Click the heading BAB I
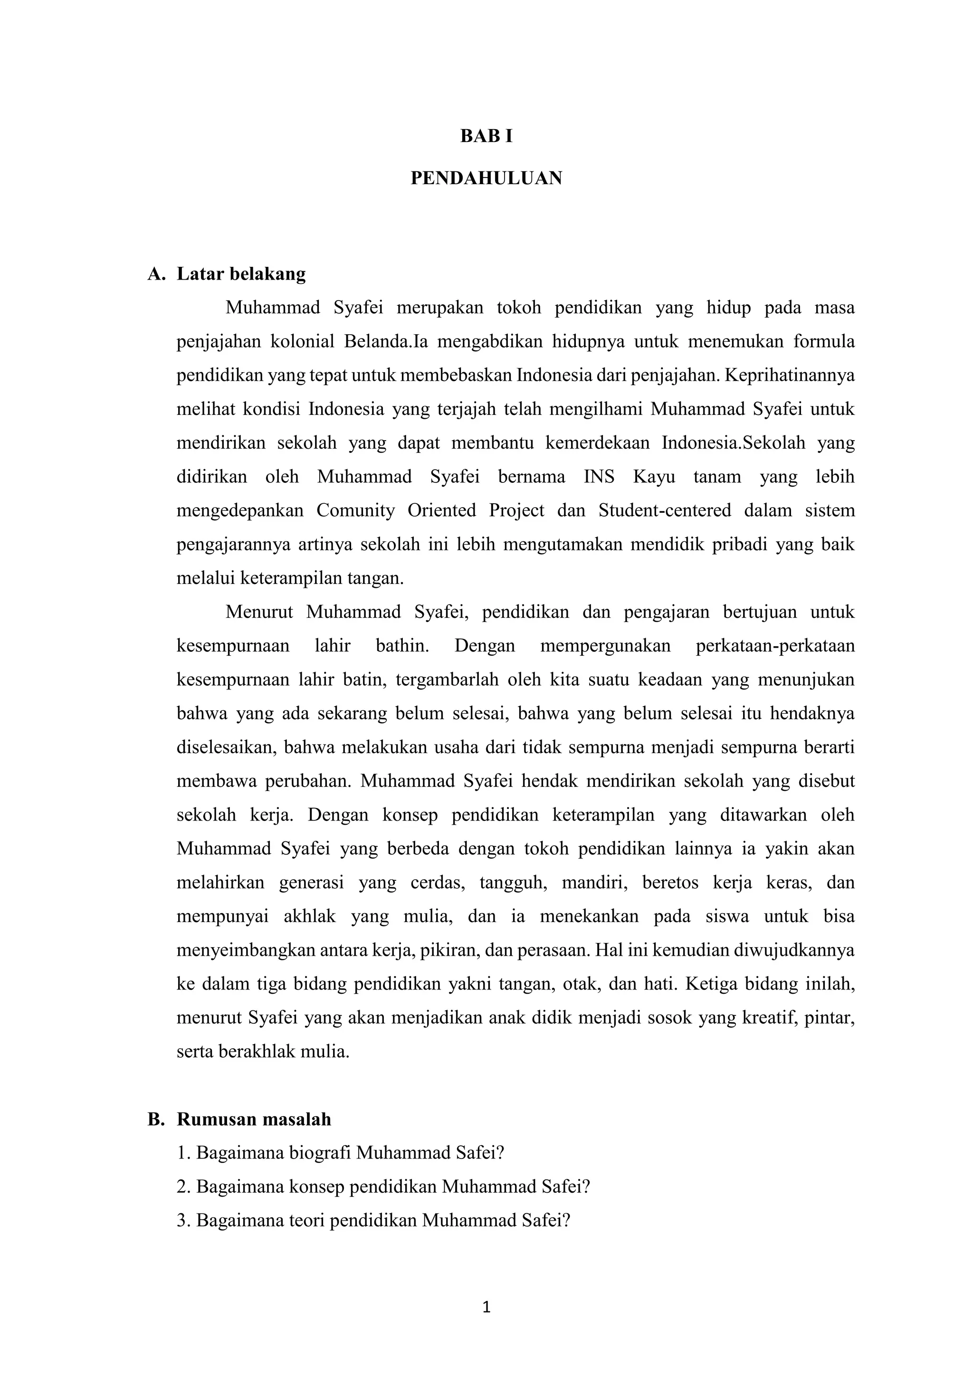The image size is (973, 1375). pyautogui.click(x=486, y=137)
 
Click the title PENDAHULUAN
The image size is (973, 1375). pyautogui.click(x=486, y=179)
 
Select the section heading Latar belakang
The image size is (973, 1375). pyautogui.click(x=241, y=274)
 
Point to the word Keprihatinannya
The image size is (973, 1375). pyautogui.click(x=789, y=376)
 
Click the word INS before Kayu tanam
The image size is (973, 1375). pyautogui.click(x=599, y=477)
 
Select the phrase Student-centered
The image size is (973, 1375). pyautogui.click(x=665, y=511)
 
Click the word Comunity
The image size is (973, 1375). pyautogui.click(x=355, y=511)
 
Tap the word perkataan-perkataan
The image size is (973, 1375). pyautogui.click(x=775, y=646)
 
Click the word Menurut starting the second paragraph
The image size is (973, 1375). pyautogui.click(x=259, y=612)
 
